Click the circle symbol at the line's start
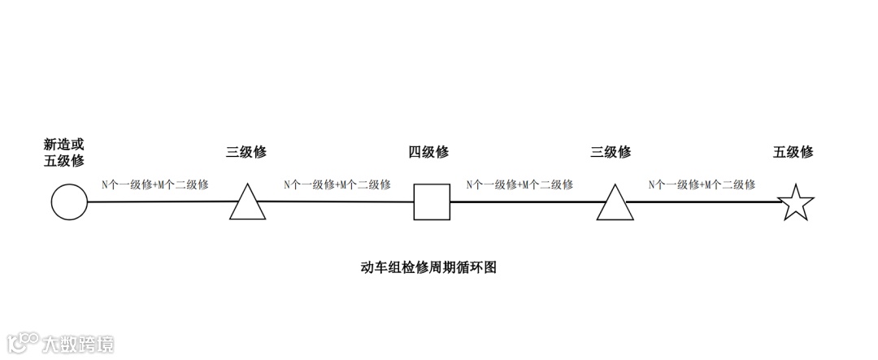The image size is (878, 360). pyautogui.click(x=69, y=202)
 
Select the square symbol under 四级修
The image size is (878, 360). pyautogui.click(x=432, y=202)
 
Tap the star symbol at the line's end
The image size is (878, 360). pyautogui.click(x=797, y=203)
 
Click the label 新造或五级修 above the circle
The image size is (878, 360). pyautogui.click(x=64, y=152)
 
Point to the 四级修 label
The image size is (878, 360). pyautogui.click(x=428, y=152)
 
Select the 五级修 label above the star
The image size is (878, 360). pyautogui.click(x=793, y=152)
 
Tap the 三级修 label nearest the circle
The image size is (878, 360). pyautogui.click(x=246, y=152)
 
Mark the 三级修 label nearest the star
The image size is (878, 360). pyautogui.click(x=611, y=152)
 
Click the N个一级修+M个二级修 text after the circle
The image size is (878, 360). pyautogui.click(x=154, y=184)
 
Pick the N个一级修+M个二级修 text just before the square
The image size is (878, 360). pyautogui.click(x=337, y=184)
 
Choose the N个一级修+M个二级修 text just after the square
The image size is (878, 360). pyautogui.click(x=519, y=184)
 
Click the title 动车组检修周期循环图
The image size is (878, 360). pyautogui.click(x=428, y=267)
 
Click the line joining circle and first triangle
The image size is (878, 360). pyautogui.click(x=159, y=202)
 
